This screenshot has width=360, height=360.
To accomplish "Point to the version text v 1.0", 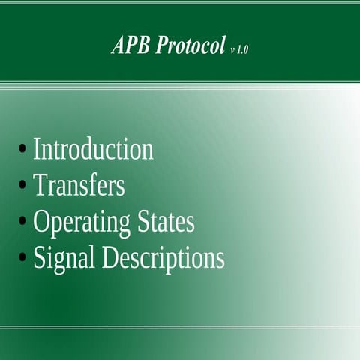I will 239,49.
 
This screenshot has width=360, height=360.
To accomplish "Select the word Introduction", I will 93,149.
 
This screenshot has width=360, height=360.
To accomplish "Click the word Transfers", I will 79,185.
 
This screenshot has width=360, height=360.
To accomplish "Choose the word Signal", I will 64,259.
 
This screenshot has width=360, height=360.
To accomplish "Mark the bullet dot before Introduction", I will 23,149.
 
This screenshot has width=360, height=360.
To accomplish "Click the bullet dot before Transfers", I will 23,185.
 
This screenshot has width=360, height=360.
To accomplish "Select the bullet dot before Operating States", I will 23,222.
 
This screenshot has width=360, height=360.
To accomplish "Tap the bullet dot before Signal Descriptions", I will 23,258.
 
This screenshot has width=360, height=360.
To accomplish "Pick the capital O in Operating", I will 42,222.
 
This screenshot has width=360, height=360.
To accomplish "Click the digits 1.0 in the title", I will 243,49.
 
